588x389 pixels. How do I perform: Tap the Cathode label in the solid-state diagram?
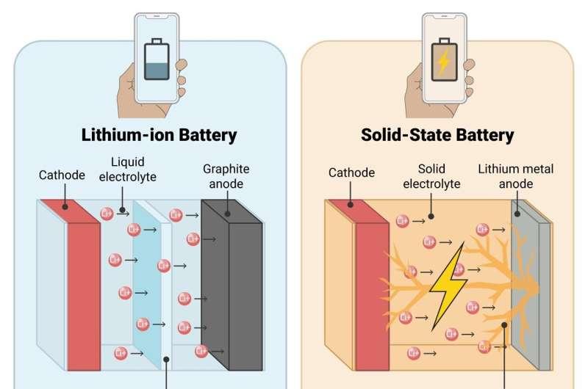(351, 173)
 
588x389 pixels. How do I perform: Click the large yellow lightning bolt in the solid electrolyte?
(448, 286)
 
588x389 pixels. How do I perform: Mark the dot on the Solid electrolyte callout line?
(431, 217)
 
